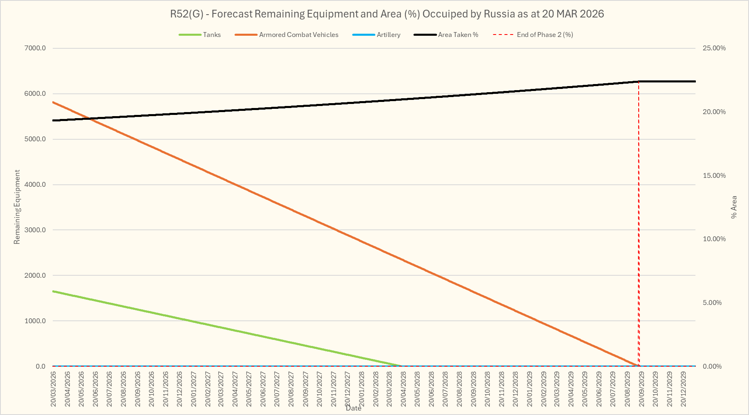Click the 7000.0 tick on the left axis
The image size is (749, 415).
(35, 48)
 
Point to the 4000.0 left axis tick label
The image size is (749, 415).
(35, 185)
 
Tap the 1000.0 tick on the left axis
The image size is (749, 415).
(35, 321)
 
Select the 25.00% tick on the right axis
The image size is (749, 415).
(714, 48)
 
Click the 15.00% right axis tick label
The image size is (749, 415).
(714, 176)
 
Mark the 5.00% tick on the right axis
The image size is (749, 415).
(712, 303)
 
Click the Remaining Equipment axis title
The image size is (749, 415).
(17, 207)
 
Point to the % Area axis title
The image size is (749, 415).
(734, 207)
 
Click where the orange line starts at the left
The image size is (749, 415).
(53, 102)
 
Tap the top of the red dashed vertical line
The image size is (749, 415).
(639, 82)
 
